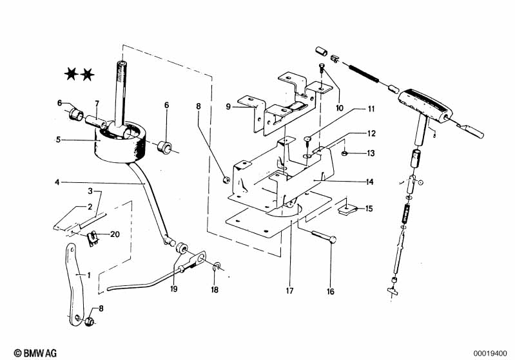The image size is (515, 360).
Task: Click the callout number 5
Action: point(58,140)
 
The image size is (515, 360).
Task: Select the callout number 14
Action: point(369,182)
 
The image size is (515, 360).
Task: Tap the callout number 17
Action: point(289,290)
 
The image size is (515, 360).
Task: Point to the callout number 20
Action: point(115,234)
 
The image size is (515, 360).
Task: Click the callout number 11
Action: point(371,109)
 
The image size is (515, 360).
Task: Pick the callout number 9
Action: point(228,107)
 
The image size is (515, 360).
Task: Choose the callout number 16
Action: point(331,291)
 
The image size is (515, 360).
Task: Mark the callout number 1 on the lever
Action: point(89,275)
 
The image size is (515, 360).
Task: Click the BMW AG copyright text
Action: point(35,353)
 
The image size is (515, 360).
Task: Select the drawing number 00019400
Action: point(490,354)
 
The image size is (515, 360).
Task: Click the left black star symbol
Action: point(71,74)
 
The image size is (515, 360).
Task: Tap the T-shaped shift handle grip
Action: point(425,106)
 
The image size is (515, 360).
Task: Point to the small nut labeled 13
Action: point(344,153)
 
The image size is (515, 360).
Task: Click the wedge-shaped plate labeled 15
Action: point(347,209)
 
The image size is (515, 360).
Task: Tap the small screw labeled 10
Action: point(322,70)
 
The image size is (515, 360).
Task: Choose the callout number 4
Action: point(57,182)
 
